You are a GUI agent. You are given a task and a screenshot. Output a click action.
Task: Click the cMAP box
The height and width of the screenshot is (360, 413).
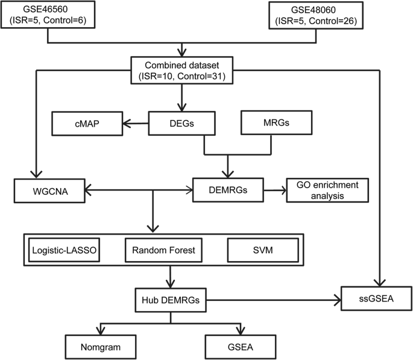pos(87,124)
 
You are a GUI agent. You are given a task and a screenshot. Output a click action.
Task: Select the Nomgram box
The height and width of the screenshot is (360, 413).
pos(100,347)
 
